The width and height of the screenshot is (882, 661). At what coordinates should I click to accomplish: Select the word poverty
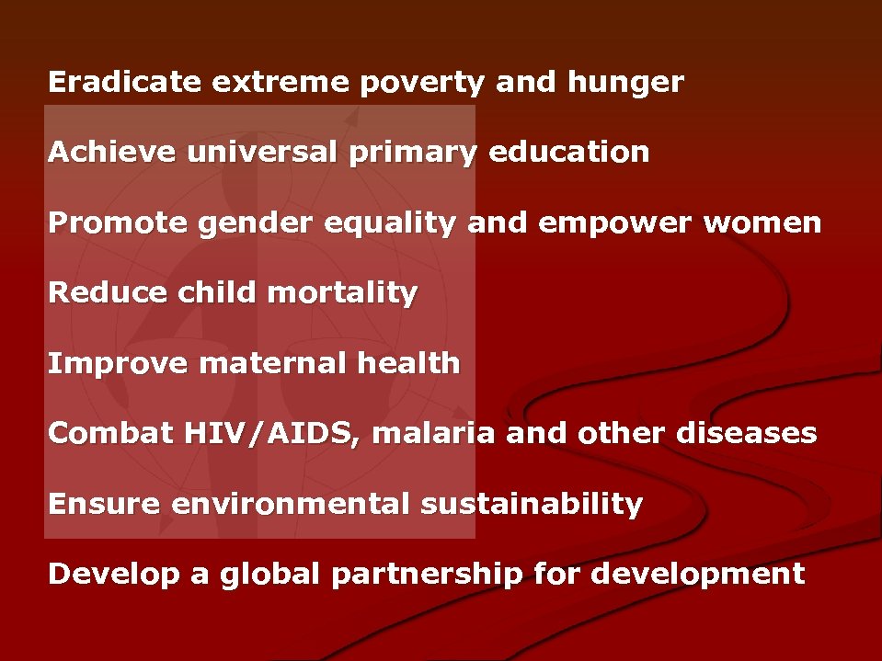pyautogui.click(x=422, y=83)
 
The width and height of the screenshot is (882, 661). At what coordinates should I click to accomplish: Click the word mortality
pyautogui.click(x=342, y=293)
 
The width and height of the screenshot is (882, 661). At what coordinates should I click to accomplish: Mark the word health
pyautogui.click(x=407, y=363)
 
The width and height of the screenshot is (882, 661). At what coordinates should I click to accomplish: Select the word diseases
pyautogui.click(x=746, y=433)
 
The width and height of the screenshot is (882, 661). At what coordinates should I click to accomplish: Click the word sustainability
pyautogui.click(x=532, y=504)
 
